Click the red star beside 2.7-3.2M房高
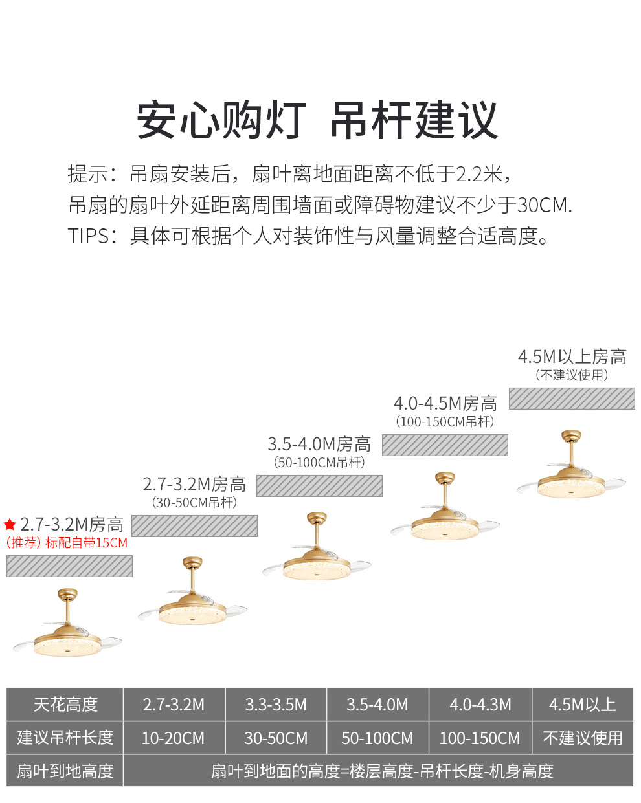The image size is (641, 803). click(10, 525)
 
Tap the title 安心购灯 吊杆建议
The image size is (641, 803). click(317, 121)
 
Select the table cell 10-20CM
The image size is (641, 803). click(174, 738)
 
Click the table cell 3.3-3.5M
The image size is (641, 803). click(276, 705)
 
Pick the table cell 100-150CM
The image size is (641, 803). click(480, 738)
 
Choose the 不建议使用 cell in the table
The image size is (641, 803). click(582, 738)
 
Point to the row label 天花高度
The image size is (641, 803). click(65, 705)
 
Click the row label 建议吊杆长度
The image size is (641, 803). click(65, 738)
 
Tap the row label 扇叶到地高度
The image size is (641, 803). click(65, 771)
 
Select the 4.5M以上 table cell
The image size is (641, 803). click(582, 705)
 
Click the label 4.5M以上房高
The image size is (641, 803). click(572, 357)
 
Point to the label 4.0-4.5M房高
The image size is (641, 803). click(445, 404)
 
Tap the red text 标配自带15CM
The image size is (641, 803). click(86, 543)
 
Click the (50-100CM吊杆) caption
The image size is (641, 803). click(319, 463)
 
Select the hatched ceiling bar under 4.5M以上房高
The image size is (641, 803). click(572, 399)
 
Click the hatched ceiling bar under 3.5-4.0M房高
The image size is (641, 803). click(319, 486)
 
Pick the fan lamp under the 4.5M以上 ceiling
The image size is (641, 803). click(570, 469)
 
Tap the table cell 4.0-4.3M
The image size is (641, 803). click(480, 705)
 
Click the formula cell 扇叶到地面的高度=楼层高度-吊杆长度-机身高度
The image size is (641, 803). click(382, 771)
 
